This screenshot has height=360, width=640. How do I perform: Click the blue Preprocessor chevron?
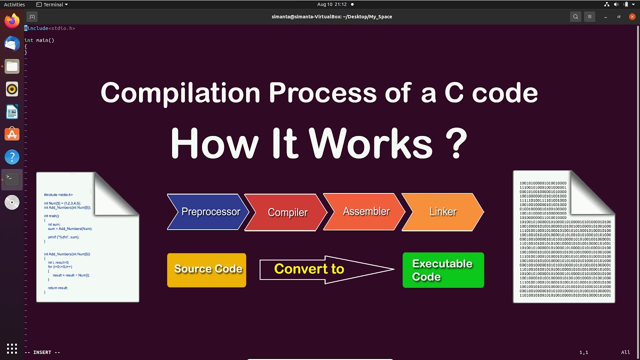209,212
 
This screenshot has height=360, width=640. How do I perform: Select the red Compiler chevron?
287,212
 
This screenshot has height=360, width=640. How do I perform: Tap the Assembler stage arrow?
365,212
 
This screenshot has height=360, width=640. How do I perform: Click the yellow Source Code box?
206,269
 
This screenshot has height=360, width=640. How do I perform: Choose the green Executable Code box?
443,270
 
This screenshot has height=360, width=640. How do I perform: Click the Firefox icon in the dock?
12,21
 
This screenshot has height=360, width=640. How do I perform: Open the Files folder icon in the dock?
12,66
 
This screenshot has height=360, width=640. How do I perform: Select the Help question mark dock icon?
12,157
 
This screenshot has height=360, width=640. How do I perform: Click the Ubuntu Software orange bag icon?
12,134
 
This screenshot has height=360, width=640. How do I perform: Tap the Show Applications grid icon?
12,348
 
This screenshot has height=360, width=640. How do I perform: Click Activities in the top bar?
14,4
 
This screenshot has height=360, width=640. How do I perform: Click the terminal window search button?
575,16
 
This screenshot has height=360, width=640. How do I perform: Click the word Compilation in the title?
180,93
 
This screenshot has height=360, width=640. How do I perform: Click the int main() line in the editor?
39,40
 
